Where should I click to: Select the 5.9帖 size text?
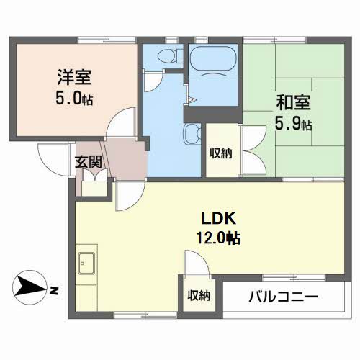click(293, 124)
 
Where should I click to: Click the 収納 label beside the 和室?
click(220, 153)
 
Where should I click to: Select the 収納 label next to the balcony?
click(199, 295)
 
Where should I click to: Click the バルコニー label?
click(283, 296)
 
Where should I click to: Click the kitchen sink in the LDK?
click(88, 264)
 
